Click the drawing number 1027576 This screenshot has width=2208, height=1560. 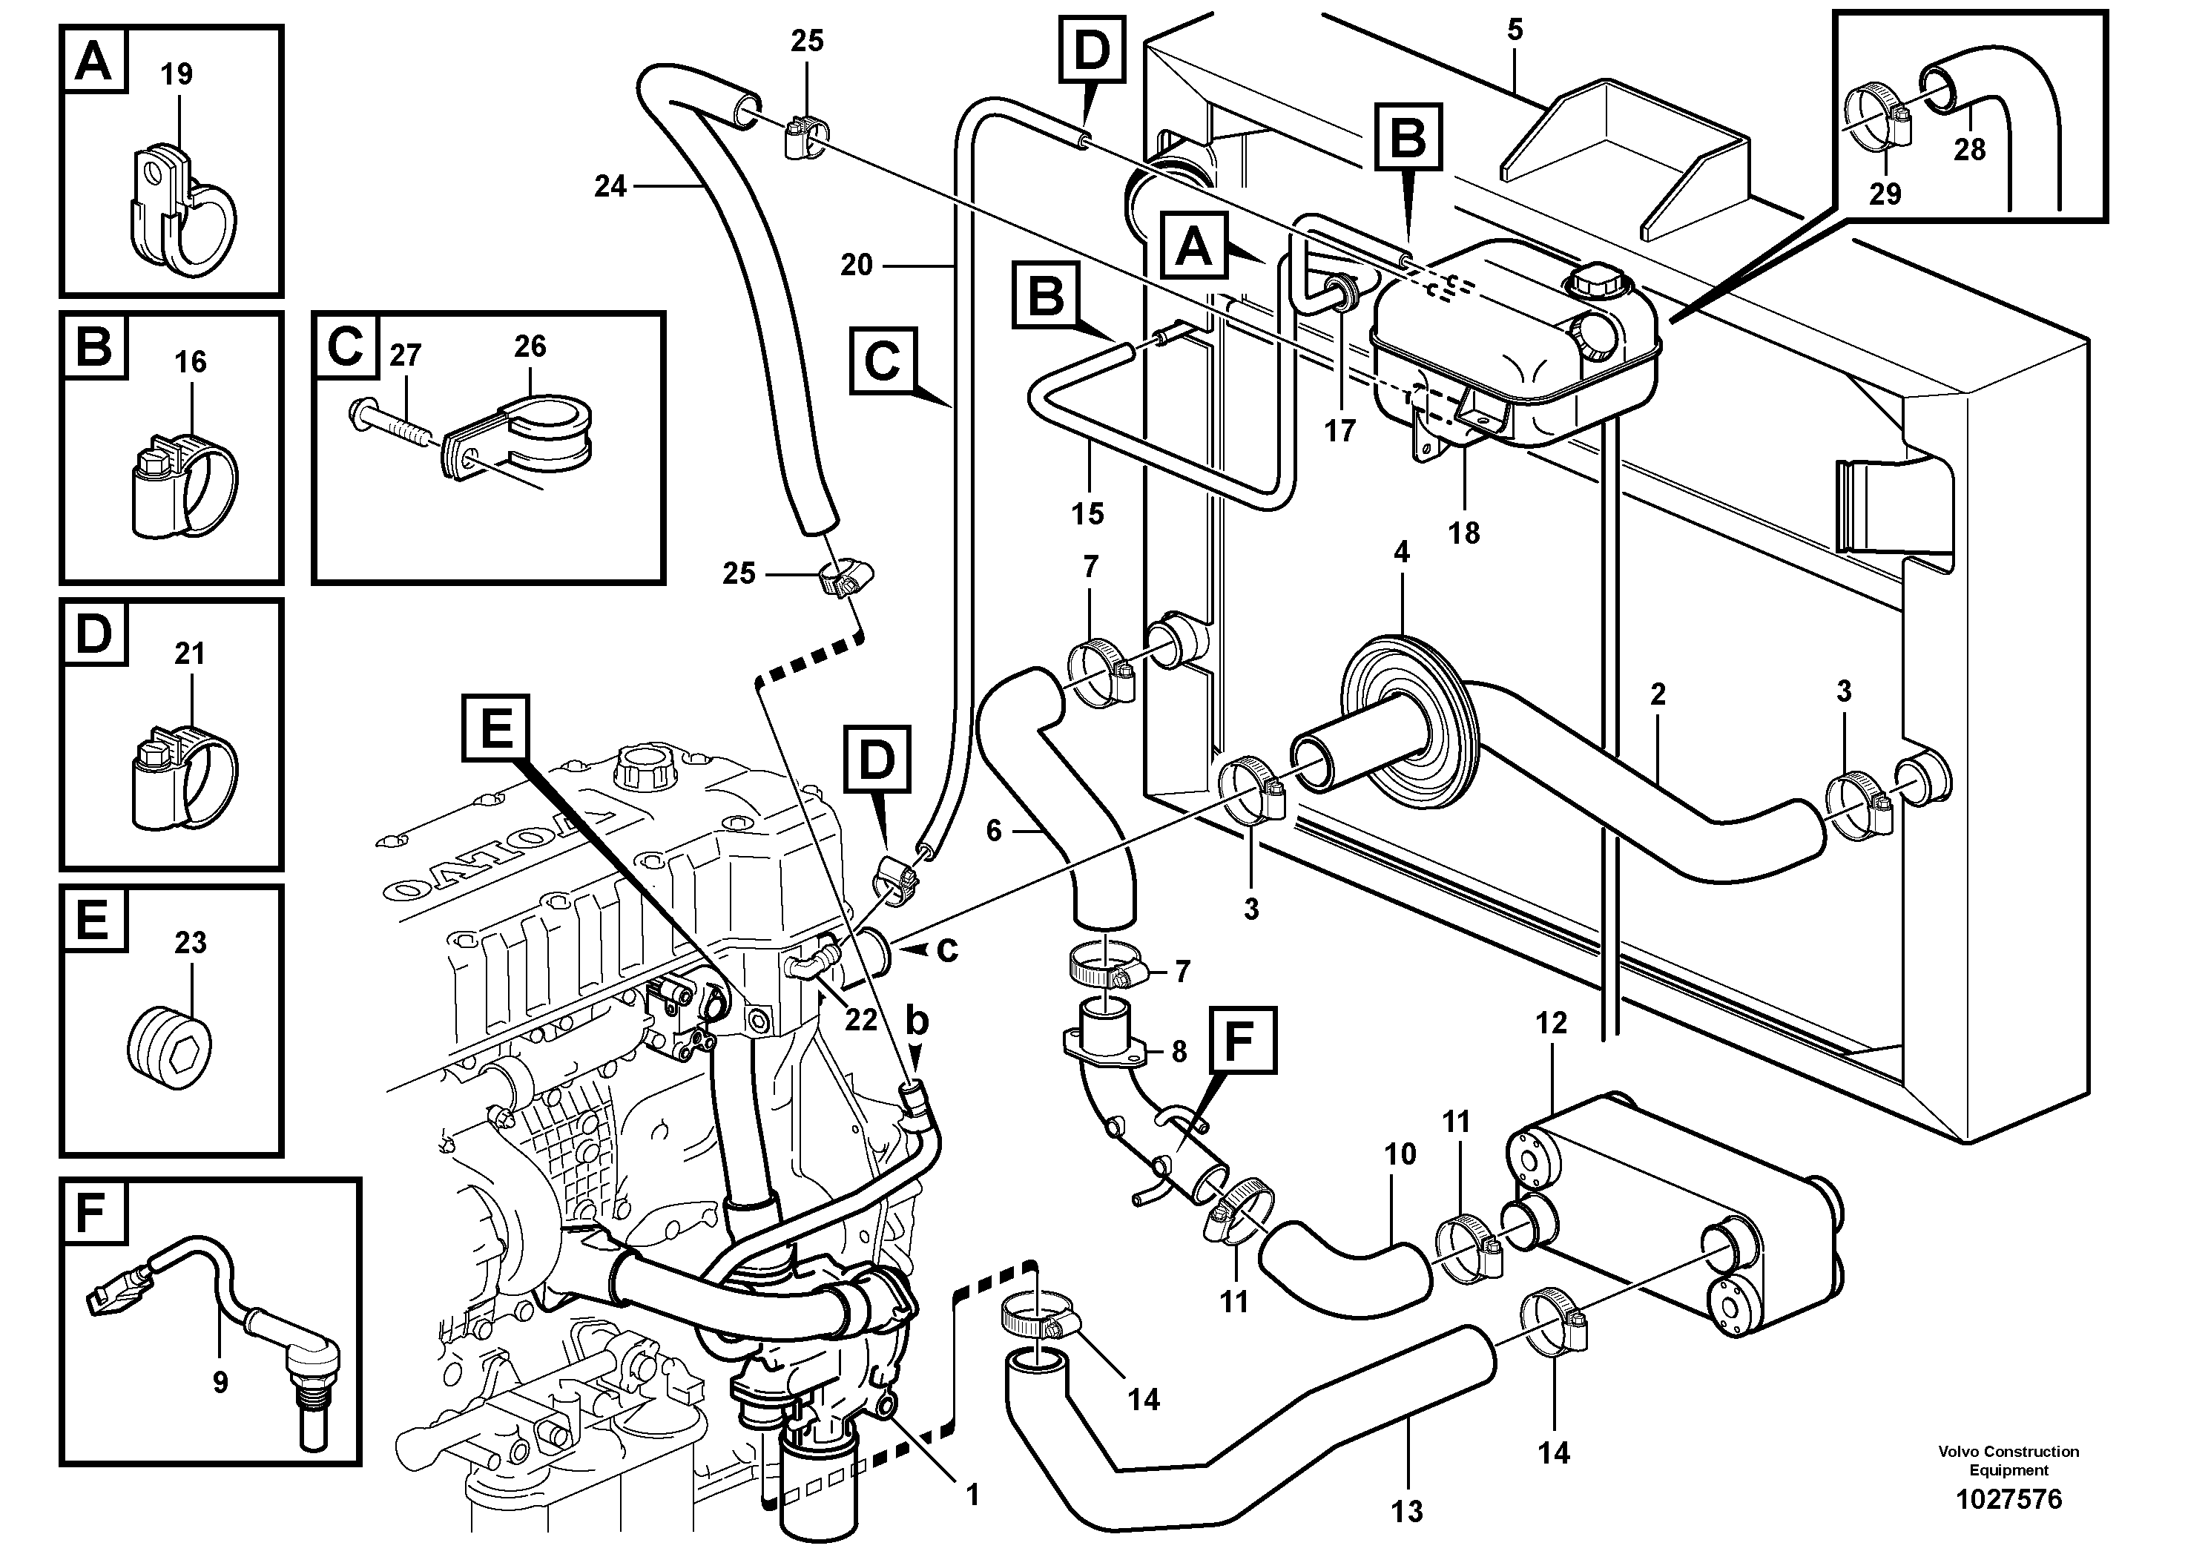point(2009,1499)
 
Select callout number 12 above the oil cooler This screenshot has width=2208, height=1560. point(1551,1024)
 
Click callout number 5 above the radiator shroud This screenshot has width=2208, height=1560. point(1515,30)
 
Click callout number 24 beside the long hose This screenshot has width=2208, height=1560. point(610,187)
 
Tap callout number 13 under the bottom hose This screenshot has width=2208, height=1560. point(1406,1511)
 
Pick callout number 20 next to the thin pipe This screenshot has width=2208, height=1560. point(855,265)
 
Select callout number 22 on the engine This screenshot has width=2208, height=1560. point(860,1019)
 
